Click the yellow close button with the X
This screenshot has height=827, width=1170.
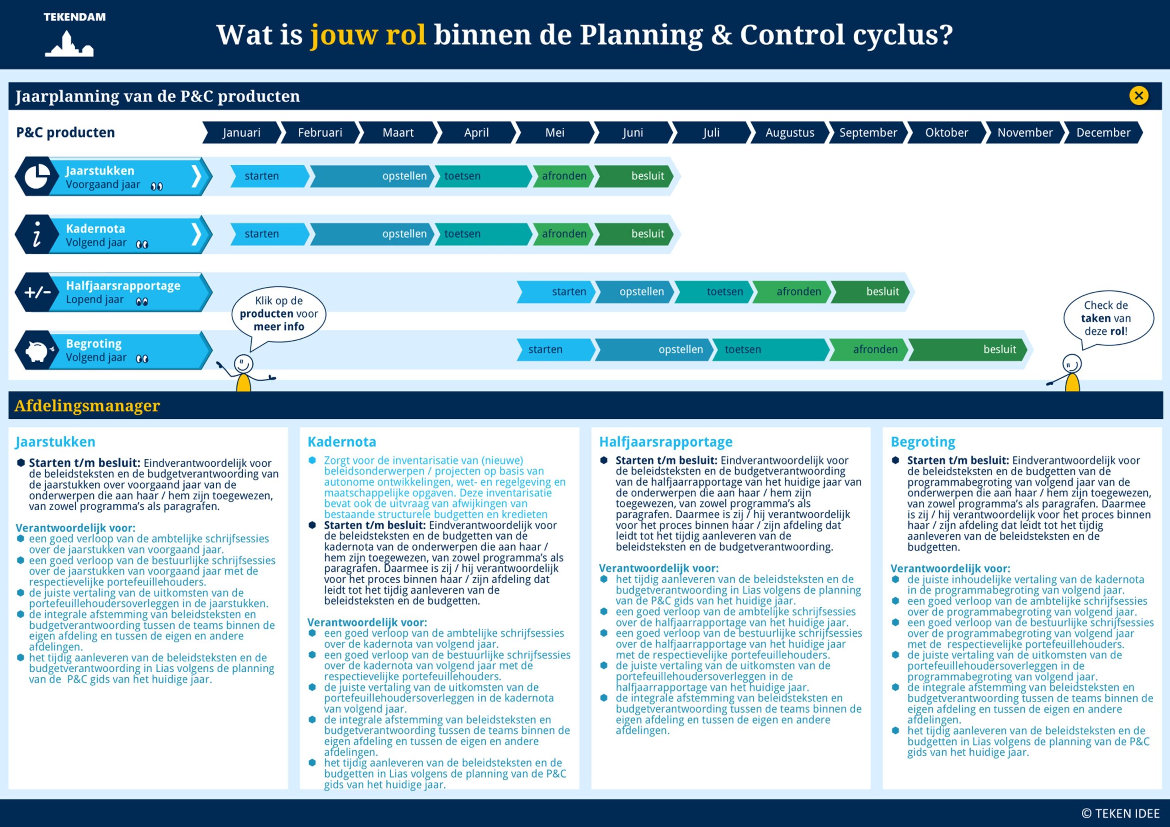[x=1138, y=95]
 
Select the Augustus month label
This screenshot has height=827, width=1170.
[x=789, y=132]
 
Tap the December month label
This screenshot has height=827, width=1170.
[x=1103, y=132]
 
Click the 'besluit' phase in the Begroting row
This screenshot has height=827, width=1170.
[x=968, y=349]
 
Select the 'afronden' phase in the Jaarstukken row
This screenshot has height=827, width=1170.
[x=563, y=176]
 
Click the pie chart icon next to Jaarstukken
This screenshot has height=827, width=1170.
[x=37, y=176]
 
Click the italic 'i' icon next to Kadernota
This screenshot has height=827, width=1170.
[x=37, y=234]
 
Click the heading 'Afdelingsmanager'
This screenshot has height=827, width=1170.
[x=87, y=406]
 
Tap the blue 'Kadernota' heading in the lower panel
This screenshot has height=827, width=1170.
[x=341, y=442]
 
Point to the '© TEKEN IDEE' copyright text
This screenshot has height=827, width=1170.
[x=1120, y=813]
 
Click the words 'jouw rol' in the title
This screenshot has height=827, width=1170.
[x=368, y=35]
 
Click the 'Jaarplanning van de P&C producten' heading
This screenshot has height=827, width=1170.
[x=158, y=96]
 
